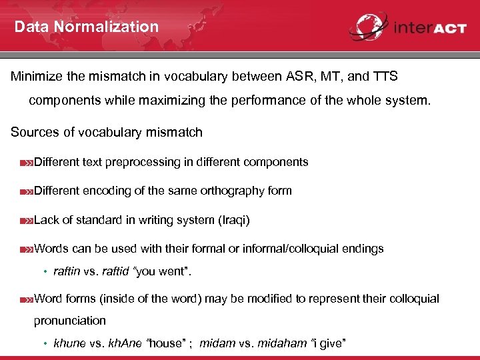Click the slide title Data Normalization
87,27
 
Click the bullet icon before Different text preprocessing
27,163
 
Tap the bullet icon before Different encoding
27,191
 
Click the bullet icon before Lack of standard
27,220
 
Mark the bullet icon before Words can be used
27,249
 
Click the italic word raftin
67,272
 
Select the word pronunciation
70,321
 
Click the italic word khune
69,343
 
